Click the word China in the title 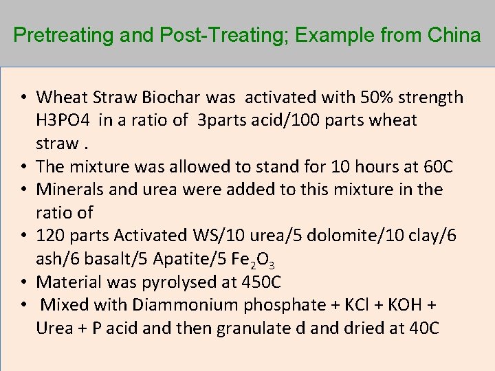pos(455,35)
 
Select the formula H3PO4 pos(65,120)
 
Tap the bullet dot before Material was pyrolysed pos(24,282)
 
